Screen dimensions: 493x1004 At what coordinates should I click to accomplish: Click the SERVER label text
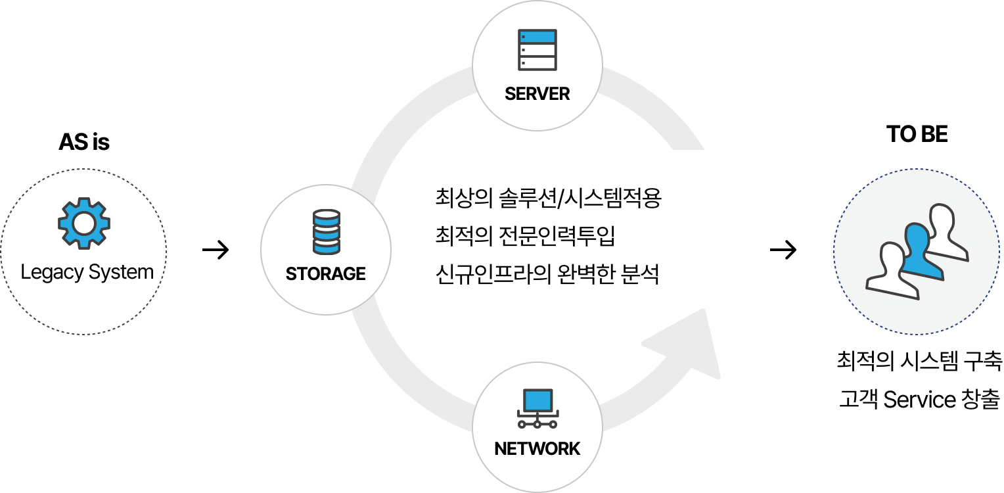(x=537, y=94)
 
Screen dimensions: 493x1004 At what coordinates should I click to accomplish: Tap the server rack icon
(x=537, y=49)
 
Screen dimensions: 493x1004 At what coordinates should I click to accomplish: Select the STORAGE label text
(x=326, y=273)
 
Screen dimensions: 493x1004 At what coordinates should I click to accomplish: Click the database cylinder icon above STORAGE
(x=327, y=231)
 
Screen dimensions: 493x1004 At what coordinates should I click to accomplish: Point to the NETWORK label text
(x=537, y=449)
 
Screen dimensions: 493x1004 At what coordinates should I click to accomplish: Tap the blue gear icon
(x=84, y=223)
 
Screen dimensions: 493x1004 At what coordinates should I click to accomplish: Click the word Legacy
(x=49, y=272)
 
